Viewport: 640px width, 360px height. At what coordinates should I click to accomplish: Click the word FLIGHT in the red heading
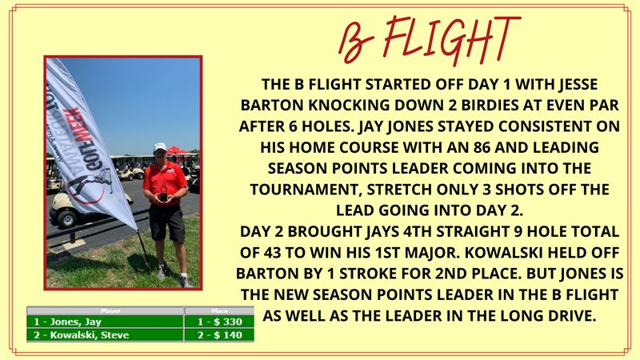tap(452, 38)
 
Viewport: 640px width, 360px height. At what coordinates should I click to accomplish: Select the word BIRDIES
tap(488, 106)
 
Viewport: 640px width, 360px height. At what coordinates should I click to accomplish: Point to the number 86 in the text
tap(482, 147)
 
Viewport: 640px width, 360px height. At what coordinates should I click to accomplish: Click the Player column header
tap(110, 311)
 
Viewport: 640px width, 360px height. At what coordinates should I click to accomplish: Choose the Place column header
tap(219, 311)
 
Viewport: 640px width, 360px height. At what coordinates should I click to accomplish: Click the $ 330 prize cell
tap(219, 322)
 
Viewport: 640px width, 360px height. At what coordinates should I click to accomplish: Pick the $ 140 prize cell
tap(219, 335)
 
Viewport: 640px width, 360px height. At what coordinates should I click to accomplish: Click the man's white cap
tap(160, 147)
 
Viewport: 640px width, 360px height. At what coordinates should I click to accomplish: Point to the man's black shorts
tap(166, 222)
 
